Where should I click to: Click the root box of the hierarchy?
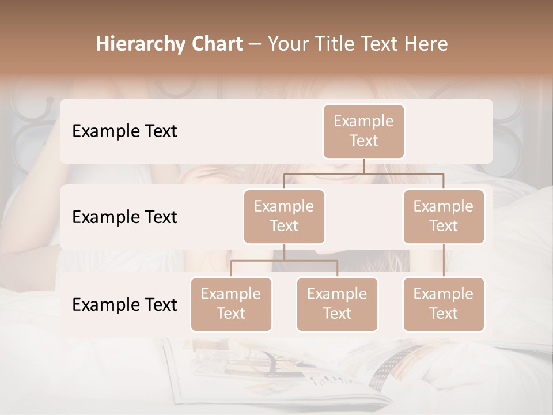click(x=363, y=131)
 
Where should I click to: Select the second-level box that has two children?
click(x=284, y=217)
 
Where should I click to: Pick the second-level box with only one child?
click(x=444, y=217)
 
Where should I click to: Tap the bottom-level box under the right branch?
click(x=444, y=304)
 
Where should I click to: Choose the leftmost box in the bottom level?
click(x=231, y=304)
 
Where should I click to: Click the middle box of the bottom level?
click(x=337, y=304)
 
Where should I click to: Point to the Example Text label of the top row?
click(x=124, y=131)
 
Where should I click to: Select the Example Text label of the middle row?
click(x=124, y=217)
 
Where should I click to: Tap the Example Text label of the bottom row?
click(x=124, y=305)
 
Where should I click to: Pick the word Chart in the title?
click(x=217, y=44)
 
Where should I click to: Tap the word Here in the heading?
click(x=426, y=44)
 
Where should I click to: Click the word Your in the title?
click(x=287, y=44)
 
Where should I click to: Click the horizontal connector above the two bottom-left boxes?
click(x=284, y=261)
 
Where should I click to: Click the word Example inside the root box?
click(x=363, y=122)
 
